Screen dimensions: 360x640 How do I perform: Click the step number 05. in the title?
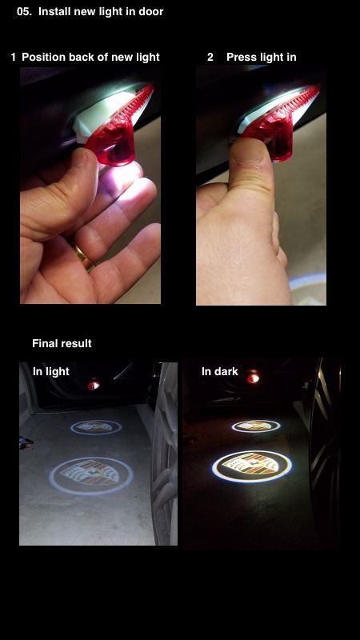click(24, 11)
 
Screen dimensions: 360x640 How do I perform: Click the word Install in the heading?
click(53, 11)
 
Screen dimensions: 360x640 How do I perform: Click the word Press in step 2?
click(239, 57)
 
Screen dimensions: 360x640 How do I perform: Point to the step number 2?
click(210, 57)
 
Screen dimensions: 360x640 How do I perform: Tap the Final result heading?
click(62, 344)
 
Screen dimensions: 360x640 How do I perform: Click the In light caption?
click(51, 371)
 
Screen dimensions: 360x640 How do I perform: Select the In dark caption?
click(219, 371)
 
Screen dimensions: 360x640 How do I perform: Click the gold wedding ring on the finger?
click(83, 255)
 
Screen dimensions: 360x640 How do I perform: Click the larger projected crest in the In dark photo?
click(252, 466)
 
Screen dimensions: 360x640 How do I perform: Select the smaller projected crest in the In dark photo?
click(256, 426)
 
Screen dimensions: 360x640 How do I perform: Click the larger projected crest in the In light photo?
click(91, 476)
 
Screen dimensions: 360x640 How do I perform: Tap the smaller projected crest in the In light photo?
click(96, 427)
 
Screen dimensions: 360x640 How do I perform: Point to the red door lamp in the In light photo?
click(94, 385)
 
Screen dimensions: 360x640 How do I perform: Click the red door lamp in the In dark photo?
click(253, 378)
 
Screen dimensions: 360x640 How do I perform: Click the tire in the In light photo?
click(164, 453)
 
